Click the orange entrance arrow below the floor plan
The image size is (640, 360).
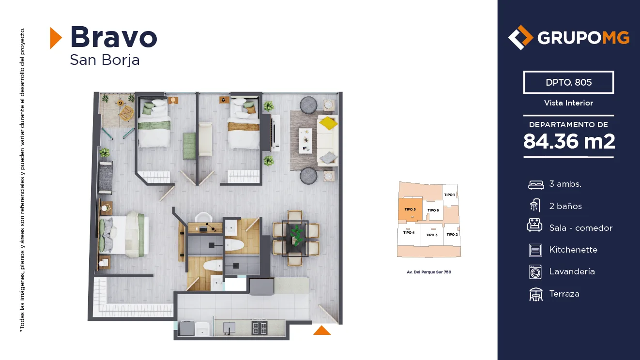point(322,330)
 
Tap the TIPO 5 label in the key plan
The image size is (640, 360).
point(410,209)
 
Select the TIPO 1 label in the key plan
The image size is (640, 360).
point(449,195)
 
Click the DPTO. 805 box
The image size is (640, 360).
point(568,82)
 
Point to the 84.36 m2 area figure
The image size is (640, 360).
point(569,141)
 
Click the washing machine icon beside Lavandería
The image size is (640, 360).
point(535,272)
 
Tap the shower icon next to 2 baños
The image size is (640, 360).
point(535,206)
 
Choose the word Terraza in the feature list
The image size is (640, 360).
point(564,294)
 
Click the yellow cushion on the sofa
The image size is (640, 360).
point(328,123)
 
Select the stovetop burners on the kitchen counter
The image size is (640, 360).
point(259,328)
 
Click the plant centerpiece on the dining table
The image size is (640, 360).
point(296,235)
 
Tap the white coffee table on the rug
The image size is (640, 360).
point(305,141)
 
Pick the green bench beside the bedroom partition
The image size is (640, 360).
point(189,146)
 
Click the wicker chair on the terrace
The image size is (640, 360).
point(126,113)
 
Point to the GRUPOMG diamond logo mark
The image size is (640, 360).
point(520,37)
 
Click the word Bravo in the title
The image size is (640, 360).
point(114,37)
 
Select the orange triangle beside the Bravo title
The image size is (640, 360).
point(56,38)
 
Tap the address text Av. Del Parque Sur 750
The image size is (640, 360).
point(429,272)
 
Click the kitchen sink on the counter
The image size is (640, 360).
point(229,328)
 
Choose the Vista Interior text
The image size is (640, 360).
point(568,103)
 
